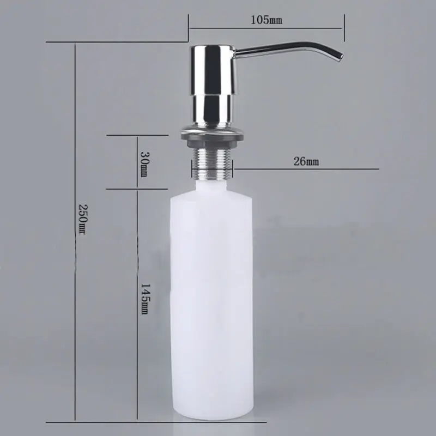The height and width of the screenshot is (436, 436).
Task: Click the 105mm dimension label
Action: [x=267, y=20]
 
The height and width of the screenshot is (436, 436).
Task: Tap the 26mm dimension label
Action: [x=306, y=161]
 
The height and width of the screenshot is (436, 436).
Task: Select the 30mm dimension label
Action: [x=144, y=164]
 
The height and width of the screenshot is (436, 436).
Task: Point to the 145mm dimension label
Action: [x=144, y=299]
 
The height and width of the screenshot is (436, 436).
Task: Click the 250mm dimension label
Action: [x=83, y=220]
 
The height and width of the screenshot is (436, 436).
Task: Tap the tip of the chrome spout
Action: [x=340, y=57]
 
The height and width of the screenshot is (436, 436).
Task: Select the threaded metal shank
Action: [x=212, y=163]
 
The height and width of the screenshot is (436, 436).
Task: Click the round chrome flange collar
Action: [x=213, y=132]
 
